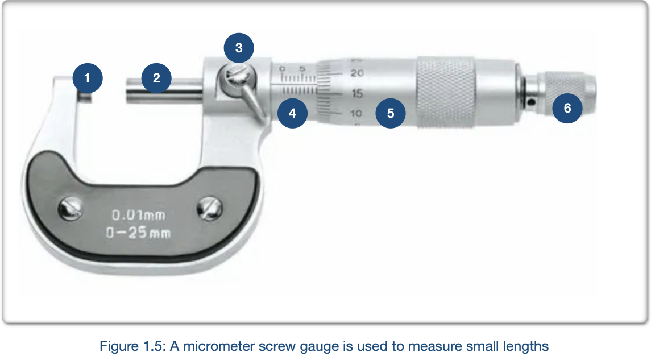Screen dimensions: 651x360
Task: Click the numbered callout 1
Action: coord(87,78)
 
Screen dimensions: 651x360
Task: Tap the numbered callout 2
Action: coord(156,78)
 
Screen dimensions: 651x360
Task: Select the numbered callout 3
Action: coord(239,48)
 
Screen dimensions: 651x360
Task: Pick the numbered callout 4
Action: coord(292,113)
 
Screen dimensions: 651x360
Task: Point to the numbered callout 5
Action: coord(391,113)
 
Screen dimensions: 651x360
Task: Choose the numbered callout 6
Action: coord(567,108)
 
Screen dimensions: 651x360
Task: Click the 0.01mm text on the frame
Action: coord(139,215)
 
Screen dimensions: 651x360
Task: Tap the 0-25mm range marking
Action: coord(138,233)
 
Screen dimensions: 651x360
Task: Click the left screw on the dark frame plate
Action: coord(70,209)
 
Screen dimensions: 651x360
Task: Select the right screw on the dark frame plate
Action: coord(210,209)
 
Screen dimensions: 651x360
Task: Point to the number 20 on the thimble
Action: coord(357,73)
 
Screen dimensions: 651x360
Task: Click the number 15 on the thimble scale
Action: coord(356,93)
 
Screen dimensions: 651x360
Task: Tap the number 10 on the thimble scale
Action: coord(356,113)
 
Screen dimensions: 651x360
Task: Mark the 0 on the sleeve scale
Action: coord(283,68)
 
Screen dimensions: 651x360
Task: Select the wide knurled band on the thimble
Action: coord(446,92)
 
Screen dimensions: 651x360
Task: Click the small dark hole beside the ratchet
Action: coord(532,102)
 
